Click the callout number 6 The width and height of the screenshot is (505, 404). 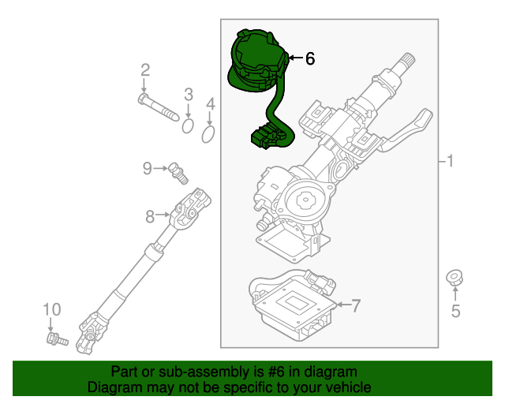coord(309,58)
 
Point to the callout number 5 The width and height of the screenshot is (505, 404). coord(455,311)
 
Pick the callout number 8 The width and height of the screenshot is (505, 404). coord(149,215)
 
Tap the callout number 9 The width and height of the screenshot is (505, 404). coord(148,167)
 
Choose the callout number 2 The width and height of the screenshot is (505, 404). coord(145,70)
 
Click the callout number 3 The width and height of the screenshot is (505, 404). coord(189,95)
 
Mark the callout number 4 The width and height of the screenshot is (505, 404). coord(211,104)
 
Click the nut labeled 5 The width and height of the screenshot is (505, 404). coord(455,278)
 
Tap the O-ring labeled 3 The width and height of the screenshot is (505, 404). coord(189,125)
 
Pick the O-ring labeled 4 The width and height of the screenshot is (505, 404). coord(208,136)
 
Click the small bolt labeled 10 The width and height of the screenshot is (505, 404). coord(56,340)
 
